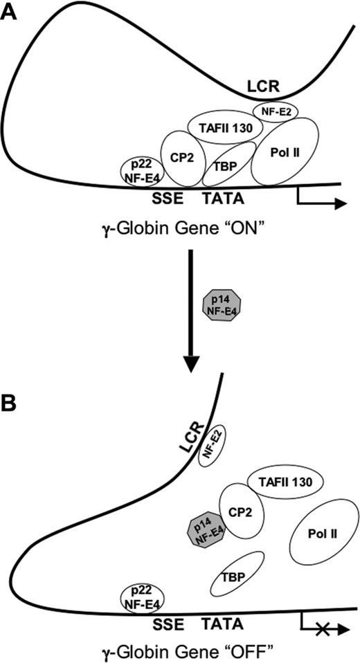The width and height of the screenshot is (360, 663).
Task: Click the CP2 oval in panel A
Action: coord(183,156)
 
